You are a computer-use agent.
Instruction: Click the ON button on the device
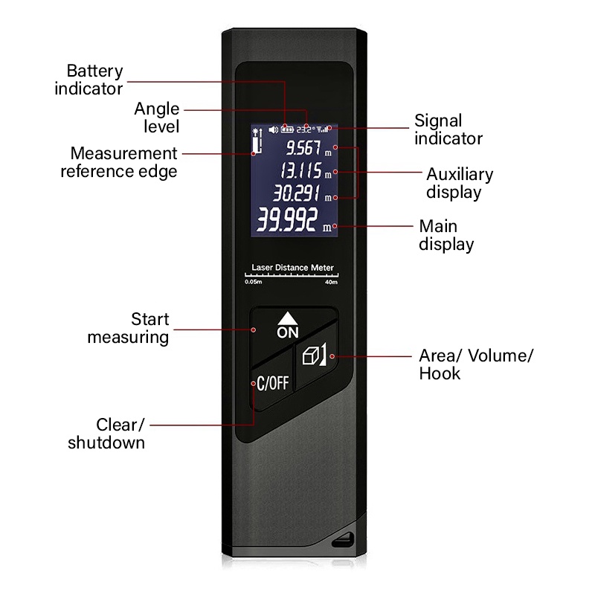click(288, 326)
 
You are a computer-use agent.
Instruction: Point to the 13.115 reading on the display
click(301, 172)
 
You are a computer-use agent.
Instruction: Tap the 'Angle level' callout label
click(157, 118)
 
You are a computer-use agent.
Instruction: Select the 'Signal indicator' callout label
click(448, 129)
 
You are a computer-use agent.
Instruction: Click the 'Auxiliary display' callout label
click(459, 183)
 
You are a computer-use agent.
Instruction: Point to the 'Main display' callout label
click(446, 235)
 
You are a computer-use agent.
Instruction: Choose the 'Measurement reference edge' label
click(120, 162)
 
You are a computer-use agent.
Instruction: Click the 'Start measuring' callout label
click(129, 328)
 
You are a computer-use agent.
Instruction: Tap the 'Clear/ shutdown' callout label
click(107, 434)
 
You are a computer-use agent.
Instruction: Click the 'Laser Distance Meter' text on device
click(292, 268)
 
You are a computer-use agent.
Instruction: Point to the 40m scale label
click(331, 283)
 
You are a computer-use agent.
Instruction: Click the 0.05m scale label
click(254, 283)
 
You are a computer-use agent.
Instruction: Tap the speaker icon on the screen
click(273, 129)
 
